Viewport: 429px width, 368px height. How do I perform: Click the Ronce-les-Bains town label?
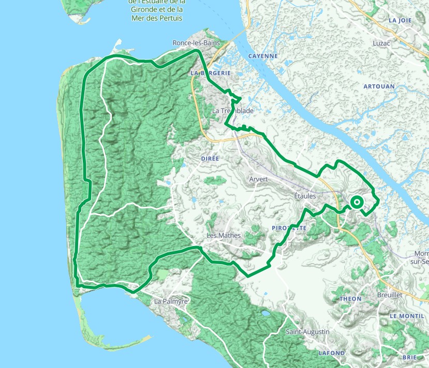tap(196, 43)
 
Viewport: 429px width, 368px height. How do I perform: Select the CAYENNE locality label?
tap(263, 56)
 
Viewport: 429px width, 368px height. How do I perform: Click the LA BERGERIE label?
tap(210, 73)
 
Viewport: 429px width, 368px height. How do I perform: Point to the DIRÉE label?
tap(210, 158)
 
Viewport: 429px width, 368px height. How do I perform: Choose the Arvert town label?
tap(258, 179)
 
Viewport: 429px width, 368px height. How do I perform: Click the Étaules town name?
tap(305, 196)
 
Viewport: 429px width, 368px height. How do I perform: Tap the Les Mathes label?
tap(224, 236)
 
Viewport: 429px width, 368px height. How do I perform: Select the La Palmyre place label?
tap(171, 301)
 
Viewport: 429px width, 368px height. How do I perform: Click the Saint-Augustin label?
tap(307, 332)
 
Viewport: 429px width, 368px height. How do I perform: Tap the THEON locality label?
tap(350, 299)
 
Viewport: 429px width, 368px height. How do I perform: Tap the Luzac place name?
tap(381, 44)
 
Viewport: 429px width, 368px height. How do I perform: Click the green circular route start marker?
tap(357, 202)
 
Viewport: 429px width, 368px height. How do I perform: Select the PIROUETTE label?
tap(289, 228)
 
